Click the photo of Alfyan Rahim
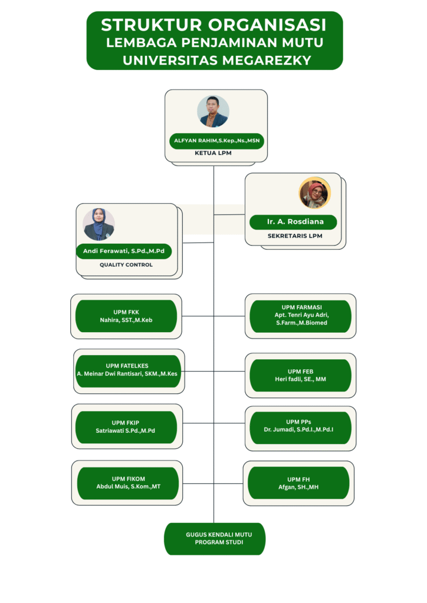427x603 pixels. click(213, 111)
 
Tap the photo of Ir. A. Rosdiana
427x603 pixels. click(314, 193)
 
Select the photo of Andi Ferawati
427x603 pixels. click(99, 224)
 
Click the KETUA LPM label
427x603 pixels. click(213, 153)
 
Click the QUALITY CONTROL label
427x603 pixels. click(126, 265)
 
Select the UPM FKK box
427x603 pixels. click(126, 316)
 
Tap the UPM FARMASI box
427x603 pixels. click(301, 316)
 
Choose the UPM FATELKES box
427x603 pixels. click(128, 370)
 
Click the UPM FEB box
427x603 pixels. click(301, 375)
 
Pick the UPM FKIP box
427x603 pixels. click(126, 426)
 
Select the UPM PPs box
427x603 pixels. click(301, 426)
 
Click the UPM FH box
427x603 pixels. click(298, 483)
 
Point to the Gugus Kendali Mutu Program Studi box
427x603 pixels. click(215, 538)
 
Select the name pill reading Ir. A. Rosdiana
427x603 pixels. click(293, 222)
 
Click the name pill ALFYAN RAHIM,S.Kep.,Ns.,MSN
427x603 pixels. click(216, 141)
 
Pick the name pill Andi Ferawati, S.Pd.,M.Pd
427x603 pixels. click(124, 251)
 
